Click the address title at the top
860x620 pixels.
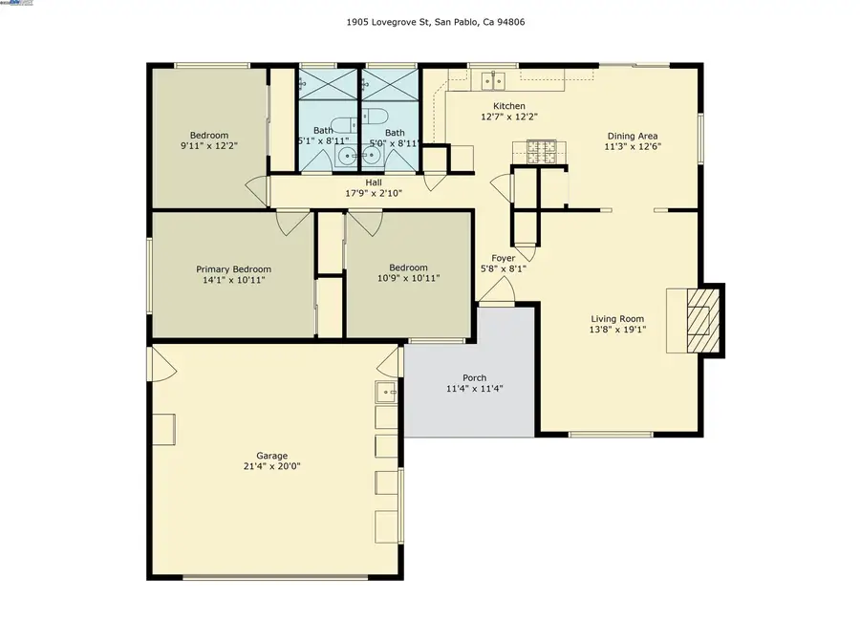point(430,21)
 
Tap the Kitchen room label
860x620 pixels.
point(508,106)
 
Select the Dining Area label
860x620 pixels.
point(633,136)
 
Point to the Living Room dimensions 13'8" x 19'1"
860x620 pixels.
point(617,331)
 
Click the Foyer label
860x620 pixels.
point(503,258)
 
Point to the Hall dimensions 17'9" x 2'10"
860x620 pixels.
point(374,194)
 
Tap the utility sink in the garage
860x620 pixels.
point(386,391)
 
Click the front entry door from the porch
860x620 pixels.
point(496,295)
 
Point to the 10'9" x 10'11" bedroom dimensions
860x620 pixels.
point(408,280)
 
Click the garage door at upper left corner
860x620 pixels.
point(161,361)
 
